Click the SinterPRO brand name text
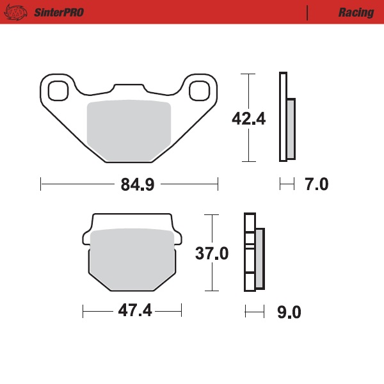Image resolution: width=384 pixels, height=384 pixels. (x=57, y=12)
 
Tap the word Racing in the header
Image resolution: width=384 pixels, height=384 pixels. (x=356, y=12)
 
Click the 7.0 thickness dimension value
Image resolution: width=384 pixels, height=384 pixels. (x=317, y=185)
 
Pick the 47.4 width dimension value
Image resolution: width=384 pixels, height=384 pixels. (x=133, y=312)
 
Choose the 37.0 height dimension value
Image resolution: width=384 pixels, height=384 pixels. (x=211, y=253)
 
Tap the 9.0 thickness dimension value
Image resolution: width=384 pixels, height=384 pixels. (x=289, y=312)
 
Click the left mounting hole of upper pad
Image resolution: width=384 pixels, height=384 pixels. (x=58, y=90)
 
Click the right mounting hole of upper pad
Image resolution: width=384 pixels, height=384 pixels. (x=200, y=90)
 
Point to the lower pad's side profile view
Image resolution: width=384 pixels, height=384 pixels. (x=253, y=252)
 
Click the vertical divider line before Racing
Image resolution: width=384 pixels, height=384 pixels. (x=308, y=12)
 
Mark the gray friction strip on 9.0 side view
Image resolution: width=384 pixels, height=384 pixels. (x=259, y=259)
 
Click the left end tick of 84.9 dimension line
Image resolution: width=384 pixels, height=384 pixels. (x=41, y=184)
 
